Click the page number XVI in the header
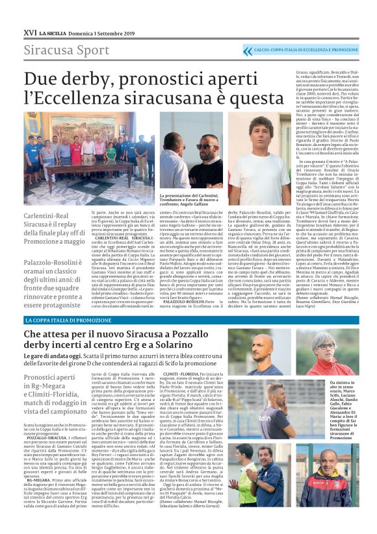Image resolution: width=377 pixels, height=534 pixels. point(29,32)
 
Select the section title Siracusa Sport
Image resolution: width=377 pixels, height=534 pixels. point(58,51)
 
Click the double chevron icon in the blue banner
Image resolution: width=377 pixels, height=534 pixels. point(247,51)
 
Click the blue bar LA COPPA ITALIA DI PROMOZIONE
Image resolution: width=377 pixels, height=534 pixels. point(69,321)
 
